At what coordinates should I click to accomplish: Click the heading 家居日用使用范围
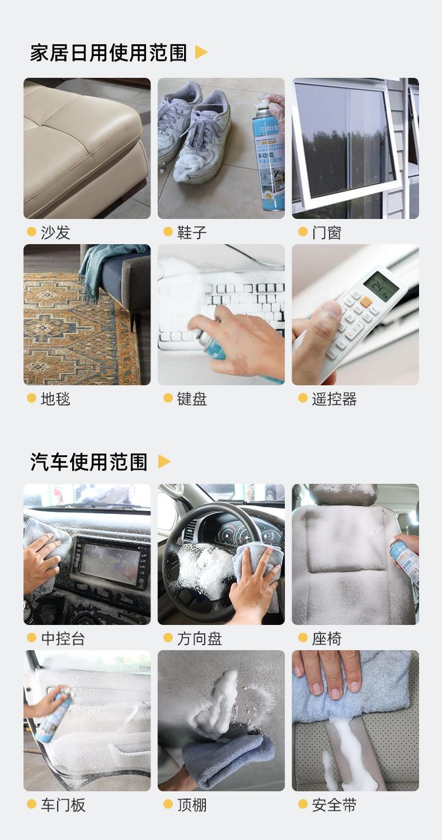pos(108,53)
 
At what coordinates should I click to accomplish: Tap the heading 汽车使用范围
pos(88,462)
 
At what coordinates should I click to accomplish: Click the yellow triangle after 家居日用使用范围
pos(201,53)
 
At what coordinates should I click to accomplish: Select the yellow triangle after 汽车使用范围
pos(164,461)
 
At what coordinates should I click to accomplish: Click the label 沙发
pos(55,232)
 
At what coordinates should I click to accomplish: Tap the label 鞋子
pos(192,232)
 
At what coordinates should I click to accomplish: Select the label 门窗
pos(326,232)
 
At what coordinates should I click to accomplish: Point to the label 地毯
pos(55,399)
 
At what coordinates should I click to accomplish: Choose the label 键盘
pos(192,399)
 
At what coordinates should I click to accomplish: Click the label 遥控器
pos(334,399)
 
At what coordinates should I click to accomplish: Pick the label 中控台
pos(63,638)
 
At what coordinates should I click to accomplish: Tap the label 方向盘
pos(199,638)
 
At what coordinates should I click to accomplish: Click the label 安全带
pos(334,805)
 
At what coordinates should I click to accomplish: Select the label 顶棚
pos(192,805)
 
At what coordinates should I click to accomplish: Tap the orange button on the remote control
pos(366,301)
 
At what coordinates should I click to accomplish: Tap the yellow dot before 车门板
pos(31,804)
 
